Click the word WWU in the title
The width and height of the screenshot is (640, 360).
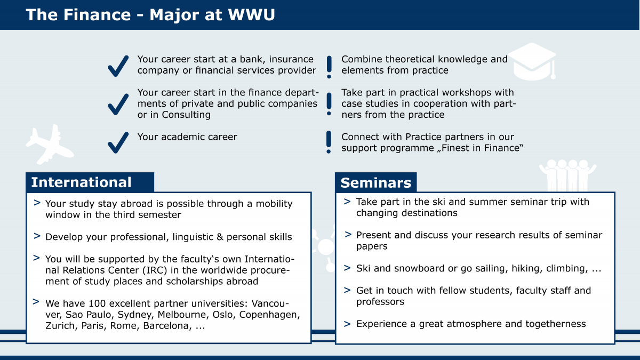click(x=251, y=14)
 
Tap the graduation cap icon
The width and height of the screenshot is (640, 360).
click(x=532, y=61)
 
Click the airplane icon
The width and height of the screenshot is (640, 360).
click(x=50, y=145)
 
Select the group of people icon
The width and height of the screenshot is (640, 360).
click(x=567, y=175)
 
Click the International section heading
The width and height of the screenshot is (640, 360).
click(x=81, y=182)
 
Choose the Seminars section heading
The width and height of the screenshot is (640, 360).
click(x=375, y=182)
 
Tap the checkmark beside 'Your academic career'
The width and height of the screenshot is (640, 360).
click(x=118, y=142)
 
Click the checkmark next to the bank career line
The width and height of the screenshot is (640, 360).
click(x=118, y=66)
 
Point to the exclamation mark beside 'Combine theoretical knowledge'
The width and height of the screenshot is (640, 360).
click(x=329, y=67)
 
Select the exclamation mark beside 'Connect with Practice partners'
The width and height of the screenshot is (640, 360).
click(x=329, y=142)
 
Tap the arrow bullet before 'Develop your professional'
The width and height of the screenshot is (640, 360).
click(x=37, y=236)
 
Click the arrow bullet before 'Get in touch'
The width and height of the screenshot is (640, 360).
click(x=347, y=290)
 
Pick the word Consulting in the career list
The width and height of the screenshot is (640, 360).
click(x=186, y=115)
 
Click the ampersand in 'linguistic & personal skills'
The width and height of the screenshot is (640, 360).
click(x=220, y=237)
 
